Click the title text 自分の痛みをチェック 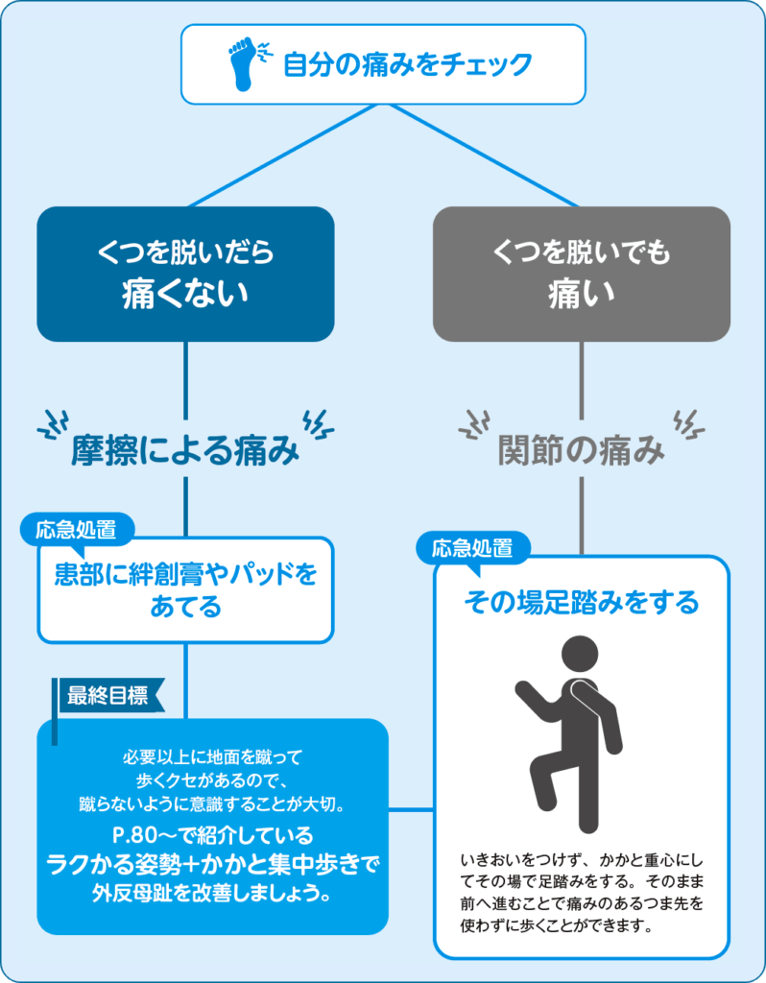[407, 65]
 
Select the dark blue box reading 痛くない [185, 274]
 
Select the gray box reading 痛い [582, 274]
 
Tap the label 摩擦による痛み [185, 451]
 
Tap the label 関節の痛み [582, 451]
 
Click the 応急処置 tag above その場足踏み [472, 549]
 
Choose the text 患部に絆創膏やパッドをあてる [185, 590]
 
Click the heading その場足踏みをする [582, 603]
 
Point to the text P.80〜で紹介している [212, 832]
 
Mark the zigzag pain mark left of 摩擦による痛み [52, 425]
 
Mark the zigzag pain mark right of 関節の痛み [688, 423]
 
